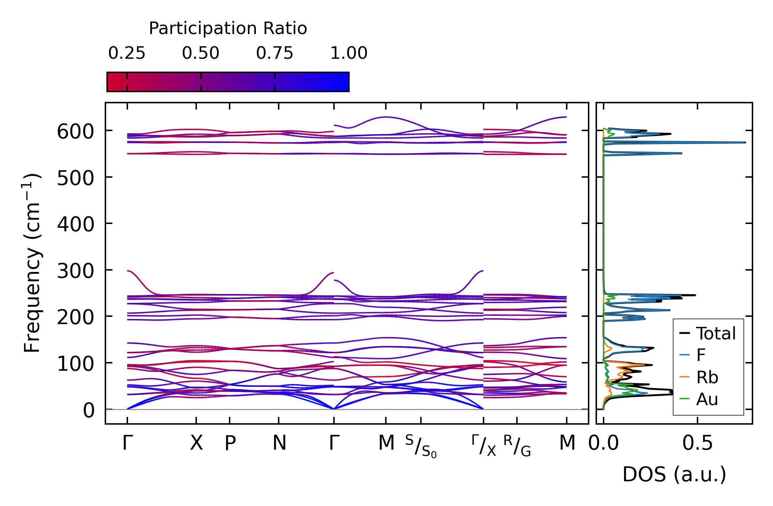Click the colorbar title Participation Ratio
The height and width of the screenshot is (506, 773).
coord(228,29)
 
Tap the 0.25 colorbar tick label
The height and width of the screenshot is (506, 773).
coord(127,54)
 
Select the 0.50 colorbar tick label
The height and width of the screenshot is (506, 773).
coord(201,54)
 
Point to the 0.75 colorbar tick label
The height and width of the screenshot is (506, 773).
coord(275,54)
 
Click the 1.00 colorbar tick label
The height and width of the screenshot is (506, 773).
coord(349,54)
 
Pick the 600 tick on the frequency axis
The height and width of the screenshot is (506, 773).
coord(75,132)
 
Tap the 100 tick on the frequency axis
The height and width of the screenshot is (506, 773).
coord(75,364)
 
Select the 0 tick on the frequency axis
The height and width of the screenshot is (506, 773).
coord(89,411)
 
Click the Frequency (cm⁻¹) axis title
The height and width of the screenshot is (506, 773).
coord(32,263)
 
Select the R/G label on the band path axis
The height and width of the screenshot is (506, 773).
coord(517,446)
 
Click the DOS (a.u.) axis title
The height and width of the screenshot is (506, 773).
coord(674,474)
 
